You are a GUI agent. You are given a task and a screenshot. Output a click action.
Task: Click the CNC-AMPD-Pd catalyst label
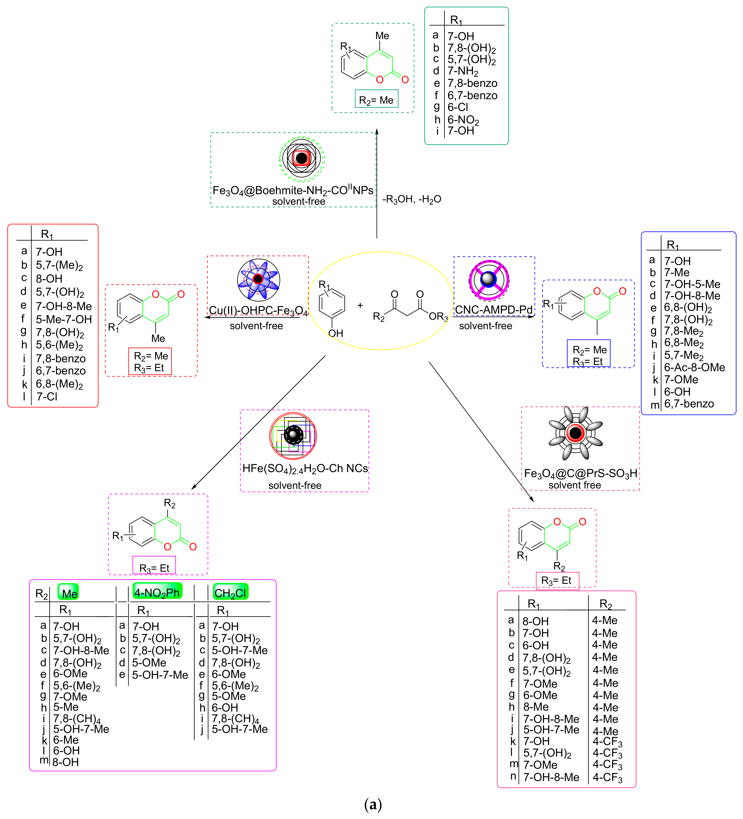493,310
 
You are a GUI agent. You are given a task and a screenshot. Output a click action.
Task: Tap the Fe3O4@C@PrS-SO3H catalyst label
580,473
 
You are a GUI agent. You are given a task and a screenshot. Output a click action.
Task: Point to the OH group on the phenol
336,333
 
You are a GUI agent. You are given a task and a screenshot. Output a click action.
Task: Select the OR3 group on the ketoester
438,316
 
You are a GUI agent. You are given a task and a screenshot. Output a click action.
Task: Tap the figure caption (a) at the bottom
373,804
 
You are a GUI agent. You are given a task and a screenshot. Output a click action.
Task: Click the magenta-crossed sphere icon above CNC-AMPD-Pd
489,279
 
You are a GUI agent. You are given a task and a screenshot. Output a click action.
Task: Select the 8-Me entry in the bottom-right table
536,707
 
